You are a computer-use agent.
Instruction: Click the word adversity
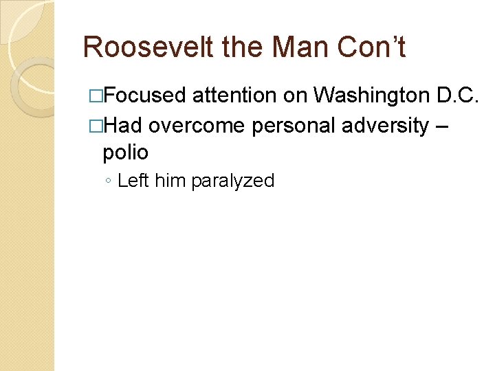(383, 126)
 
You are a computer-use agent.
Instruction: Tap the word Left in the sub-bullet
(133, 181)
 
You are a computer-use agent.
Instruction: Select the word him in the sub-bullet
(170, 181)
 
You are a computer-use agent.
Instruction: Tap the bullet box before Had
(96, 126)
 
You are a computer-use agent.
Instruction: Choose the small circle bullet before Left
(108, 181)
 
